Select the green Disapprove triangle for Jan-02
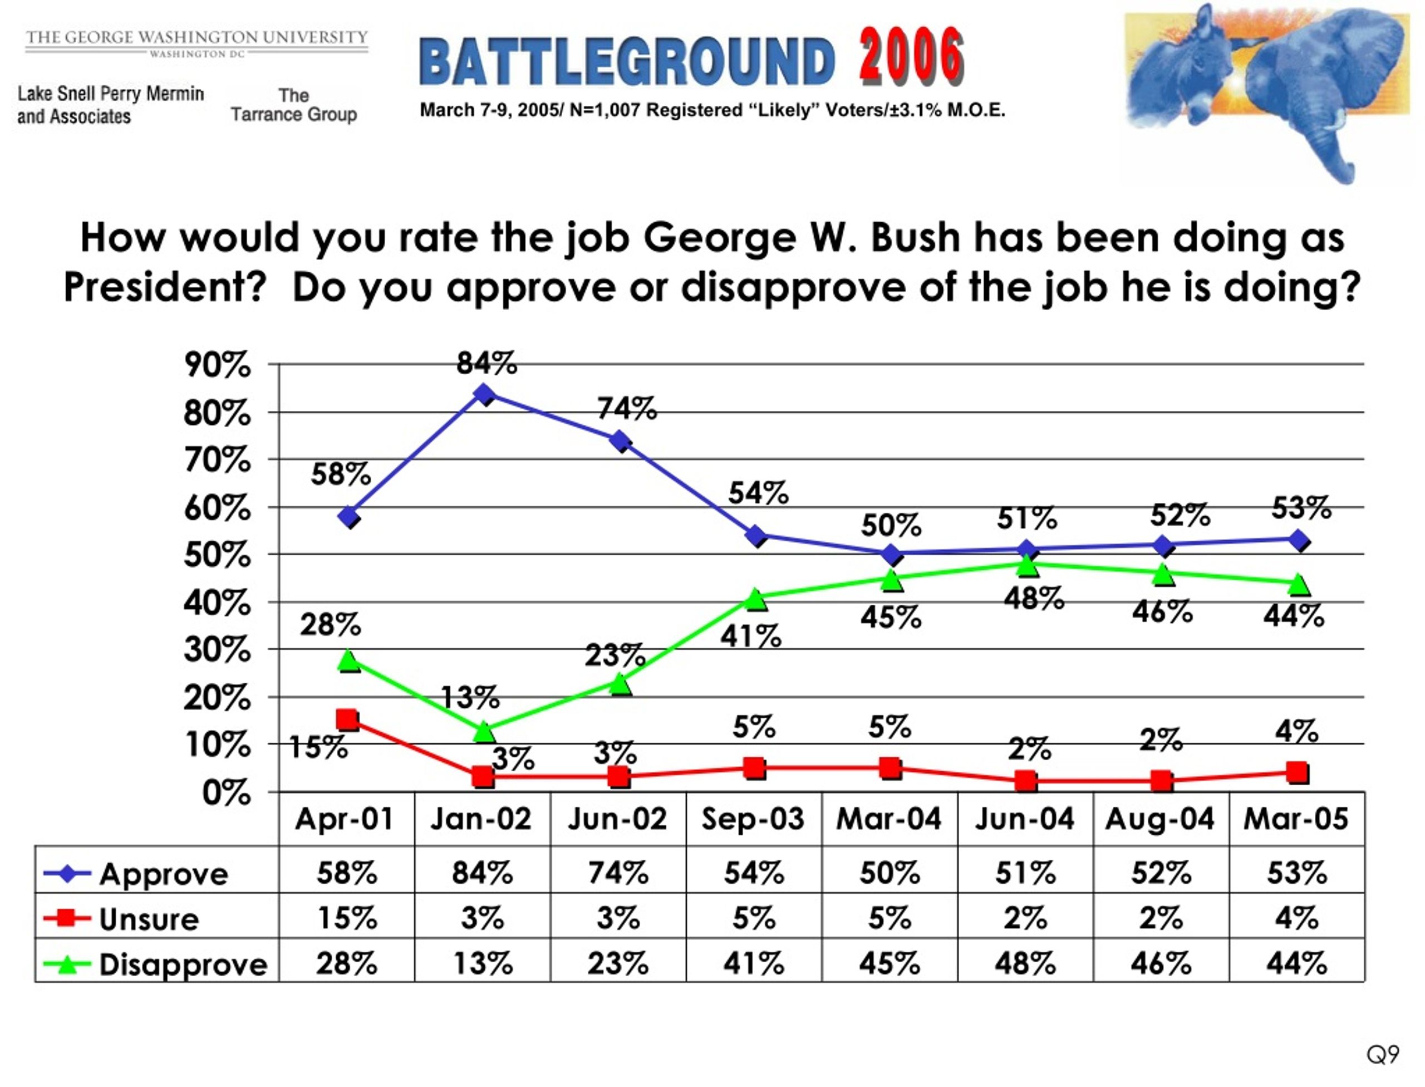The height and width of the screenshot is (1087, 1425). click(x=484, y=732)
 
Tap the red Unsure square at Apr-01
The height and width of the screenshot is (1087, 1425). click(x=348, y=719)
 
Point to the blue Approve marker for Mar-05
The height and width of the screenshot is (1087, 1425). click(x=1298, y=540)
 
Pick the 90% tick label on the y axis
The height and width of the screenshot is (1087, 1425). click(x=217, y=365)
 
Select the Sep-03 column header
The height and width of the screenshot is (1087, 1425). click(x=753, y=819)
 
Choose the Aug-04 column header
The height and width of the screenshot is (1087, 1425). click(x=1160, y=819)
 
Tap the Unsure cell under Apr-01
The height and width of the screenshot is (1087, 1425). click(x=347, y=918)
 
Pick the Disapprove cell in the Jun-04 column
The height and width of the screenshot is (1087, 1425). click(x=1025, y=964)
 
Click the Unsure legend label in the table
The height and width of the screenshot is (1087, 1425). click(x=149, y=919)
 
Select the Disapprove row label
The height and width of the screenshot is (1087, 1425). click(x=183, y=964)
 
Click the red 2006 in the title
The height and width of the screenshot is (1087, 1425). click(x=911, y=57)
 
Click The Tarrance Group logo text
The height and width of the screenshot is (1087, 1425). click(x=294, y=105)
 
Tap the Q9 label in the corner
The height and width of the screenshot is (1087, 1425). click(x=1382, y=1055)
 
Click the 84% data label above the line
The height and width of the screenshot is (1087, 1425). click(x=487, y=363)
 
